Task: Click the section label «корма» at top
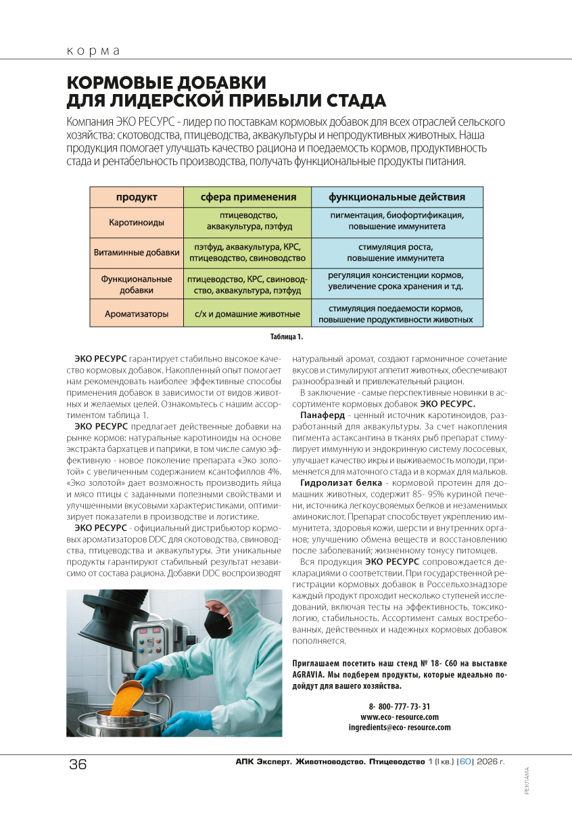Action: [x=93, y=51]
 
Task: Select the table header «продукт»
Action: [x=137, y=197]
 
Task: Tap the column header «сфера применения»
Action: [x=248, y=197]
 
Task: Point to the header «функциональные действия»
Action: [x=397, y=197]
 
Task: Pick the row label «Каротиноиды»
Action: [x=137, y=222]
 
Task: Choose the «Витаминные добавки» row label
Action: [x=137, y=252]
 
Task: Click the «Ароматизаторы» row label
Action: [x=137, y=314]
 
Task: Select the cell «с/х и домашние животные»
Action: [x=247, y=314]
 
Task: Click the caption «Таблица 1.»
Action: [x=287, y=336]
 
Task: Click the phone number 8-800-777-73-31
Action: [x=399, y=706]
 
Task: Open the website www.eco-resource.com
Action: [x=399, y=717]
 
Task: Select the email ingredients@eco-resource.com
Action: [x=399, y=727]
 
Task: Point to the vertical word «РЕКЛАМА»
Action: [x=527, y=781]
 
